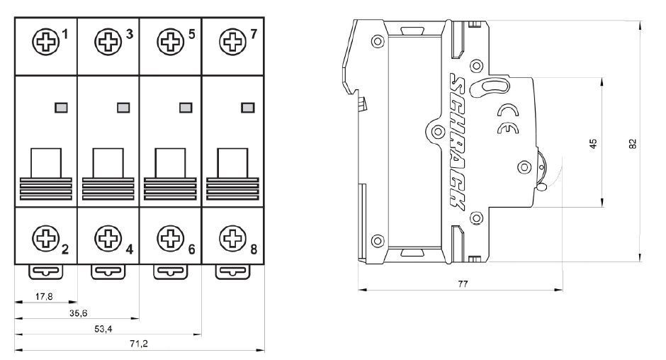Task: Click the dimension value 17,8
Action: click(44, 297)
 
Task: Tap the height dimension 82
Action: click(634, 142)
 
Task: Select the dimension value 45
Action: click(594, 142)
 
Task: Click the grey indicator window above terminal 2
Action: click(60, 107)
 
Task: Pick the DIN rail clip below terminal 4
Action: click(108, 271)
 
